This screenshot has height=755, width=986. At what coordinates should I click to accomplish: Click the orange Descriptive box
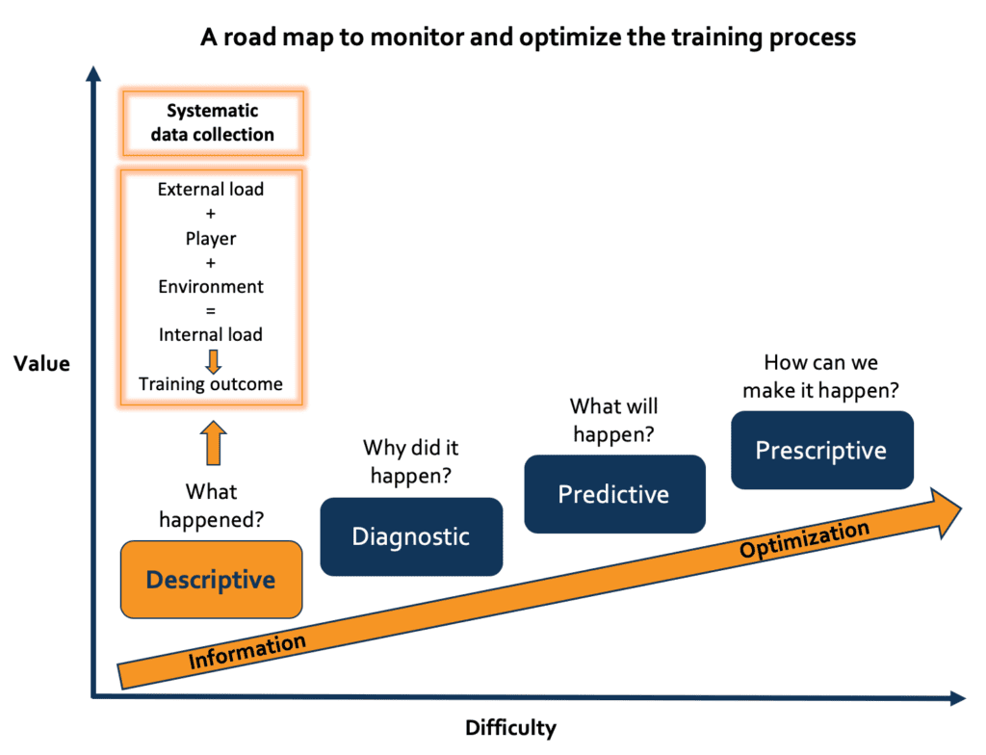point(211,580)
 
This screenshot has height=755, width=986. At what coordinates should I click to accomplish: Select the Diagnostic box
point(411,536)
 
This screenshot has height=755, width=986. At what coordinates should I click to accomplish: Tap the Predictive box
point(613,494)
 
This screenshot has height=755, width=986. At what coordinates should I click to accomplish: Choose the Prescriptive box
point(820,450)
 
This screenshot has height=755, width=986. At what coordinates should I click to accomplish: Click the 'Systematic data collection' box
point(212,123)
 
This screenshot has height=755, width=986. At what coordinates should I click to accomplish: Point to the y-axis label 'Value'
point(41,363)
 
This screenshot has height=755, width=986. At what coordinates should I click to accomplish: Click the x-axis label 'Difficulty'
point(510,727)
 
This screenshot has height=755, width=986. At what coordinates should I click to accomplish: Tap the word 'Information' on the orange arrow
point(247,652)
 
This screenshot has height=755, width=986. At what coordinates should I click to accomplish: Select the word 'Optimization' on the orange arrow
point(804,540)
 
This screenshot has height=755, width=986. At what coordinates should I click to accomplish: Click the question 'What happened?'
point(212,506)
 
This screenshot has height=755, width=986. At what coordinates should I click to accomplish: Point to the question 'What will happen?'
point(613,420)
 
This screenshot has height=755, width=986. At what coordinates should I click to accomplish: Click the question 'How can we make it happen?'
point(820,376)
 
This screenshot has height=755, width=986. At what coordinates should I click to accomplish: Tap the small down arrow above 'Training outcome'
point(214,360)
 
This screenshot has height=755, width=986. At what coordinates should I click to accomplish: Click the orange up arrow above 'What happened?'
point(214,443)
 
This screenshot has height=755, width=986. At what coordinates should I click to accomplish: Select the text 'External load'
point(211,190)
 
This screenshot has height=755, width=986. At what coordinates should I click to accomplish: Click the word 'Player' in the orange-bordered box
point(211,238)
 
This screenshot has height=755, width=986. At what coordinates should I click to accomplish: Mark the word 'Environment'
point(211,287)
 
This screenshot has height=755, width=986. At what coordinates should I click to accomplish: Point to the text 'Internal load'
point(211,335)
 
